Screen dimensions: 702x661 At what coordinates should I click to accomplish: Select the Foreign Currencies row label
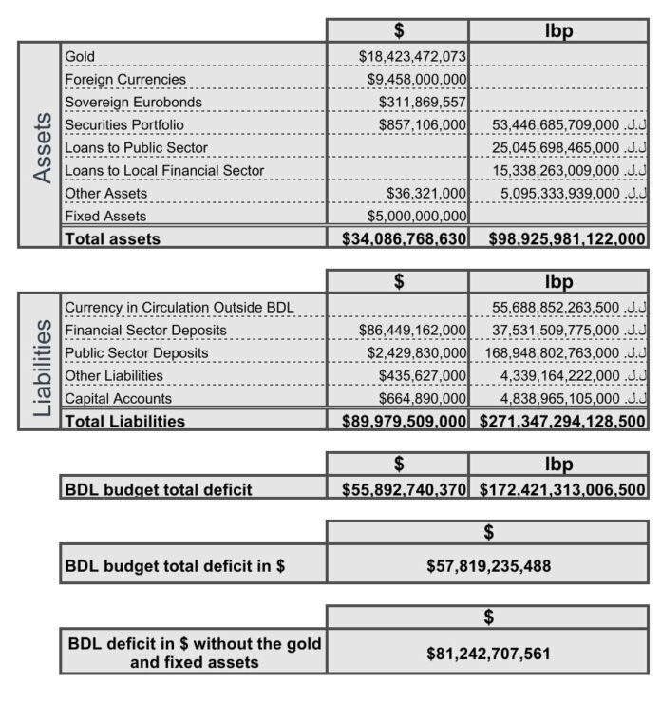(125, 80)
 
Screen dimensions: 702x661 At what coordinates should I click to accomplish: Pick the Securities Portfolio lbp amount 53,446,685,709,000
(556, 125)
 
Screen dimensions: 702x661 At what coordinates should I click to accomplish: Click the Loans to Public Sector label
(136, 148)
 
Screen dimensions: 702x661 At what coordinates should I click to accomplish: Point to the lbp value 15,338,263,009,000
(556, 171)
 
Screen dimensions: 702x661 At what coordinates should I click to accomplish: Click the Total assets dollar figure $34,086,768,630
(405, 239)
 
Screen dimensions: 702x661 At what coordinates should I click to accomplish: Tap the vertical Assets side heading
(41, 147)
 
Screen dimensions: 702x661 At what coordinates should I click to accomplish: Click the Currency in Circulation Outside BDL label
(179, 308)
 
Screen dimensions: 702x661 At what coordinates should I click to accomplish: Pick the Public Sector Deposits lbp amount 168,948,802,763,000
(552, 353)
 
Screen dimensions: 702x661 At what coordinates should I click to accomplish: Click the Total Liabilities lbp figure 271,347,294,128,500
(563, 421)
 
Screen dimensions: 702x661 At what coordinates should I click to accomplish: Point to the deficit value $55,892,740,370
(405, 490)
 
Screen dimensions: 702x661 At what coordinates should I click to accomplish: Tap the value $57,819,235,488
(488, 567)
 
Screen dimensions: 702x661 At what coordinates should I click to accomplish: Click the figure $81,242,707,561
(488, 654)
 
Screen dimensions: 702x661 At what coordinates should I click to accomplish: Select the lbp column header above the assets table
(558, 30)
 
